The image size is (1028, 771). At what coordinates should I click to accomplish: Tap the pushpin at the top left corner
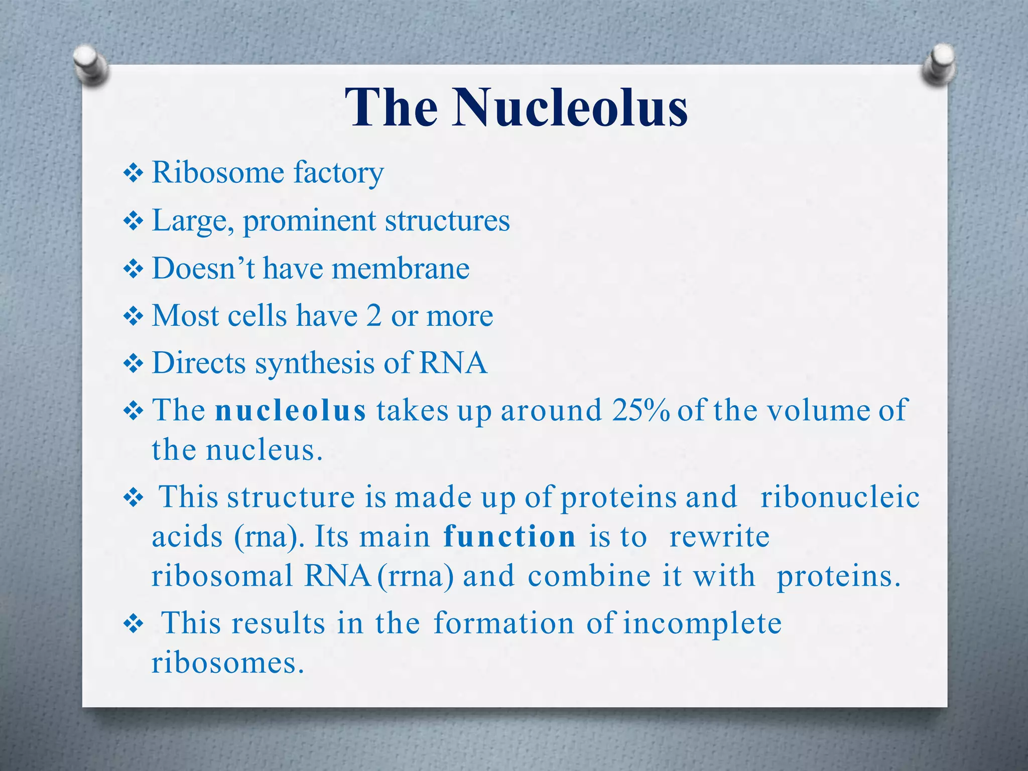(x=90, y=65)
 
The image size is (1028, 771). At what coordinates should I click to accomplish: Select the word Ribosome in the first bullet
(x=218, y=173)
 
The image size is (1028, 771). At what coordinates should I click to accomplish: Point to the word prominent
(x=309, y=221)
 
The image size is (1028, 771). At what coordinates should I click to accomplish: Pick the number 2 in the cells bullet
(x=373, y=316)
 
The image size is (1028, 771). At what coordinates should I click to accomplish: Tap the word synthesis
(x=315, y=363)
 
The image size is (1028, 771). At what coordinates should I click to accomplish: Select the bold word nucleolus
(x=291, y=411)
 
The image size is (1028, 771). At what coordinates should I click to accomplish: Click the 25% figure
(x=640, y=411)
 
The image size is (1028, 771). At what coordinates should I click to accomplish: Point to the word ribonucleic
(x=840, y=497)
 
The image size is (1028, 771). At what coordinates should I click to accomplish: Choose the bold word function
(x=509, y=537)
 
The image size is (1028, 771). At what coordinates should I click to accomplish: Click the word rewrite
(x=719, y=537)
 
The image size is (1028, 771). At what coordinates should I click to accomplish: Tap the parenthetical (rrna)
(x=415, y=576)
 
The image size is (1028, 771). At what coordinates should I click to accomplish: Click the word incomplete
(x=702, y=624)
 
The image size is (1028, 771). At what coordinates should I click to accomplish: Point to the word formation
(x=503, y=623)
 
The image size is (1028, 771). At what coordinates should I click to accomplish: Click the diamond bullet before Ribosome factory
(x=134, y=174)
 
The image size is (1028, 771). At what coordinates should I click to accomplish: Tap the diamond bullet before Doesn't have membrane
(x=134, y=269)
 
